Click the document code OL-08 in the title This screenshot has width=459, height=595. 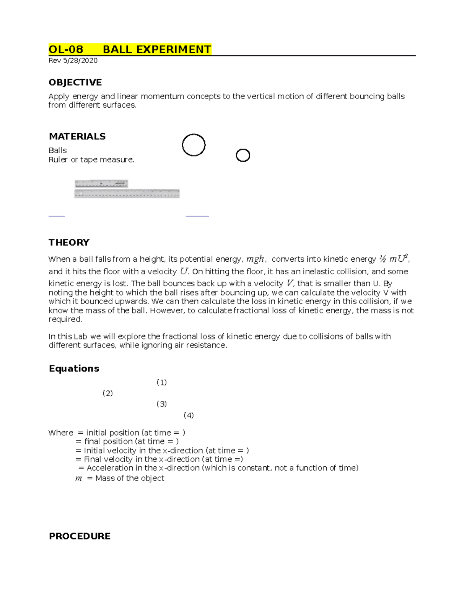[66, 49]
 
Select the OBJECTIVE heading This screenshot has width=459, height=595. [75, 82]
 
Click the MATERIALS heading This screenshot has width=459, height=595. [77, 136]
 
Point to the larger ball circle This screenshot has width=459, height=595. [194, 145]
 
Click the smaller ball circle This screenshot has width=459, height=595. [243, 155]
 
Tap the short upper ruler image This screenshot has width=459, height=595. [101, 184]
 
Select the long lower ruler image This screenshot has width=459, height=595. [127, 193]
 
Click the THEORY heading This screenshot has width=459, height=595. [69, 242]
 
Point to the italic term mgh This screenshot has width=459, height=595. [255, 259]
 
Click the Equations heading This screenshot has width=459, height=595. [74, 369]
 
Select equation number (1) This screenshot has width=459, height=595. [161, 382]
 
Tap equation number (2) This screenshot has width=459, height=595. [107, 393]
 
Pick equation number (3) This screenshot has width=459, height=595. [161, 404]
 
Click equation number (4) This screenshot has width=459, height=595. [189, 415]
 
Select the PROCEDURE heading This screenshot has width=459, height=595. [80, 536]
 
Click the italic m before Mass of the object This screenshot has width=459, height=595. [78, 479]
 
